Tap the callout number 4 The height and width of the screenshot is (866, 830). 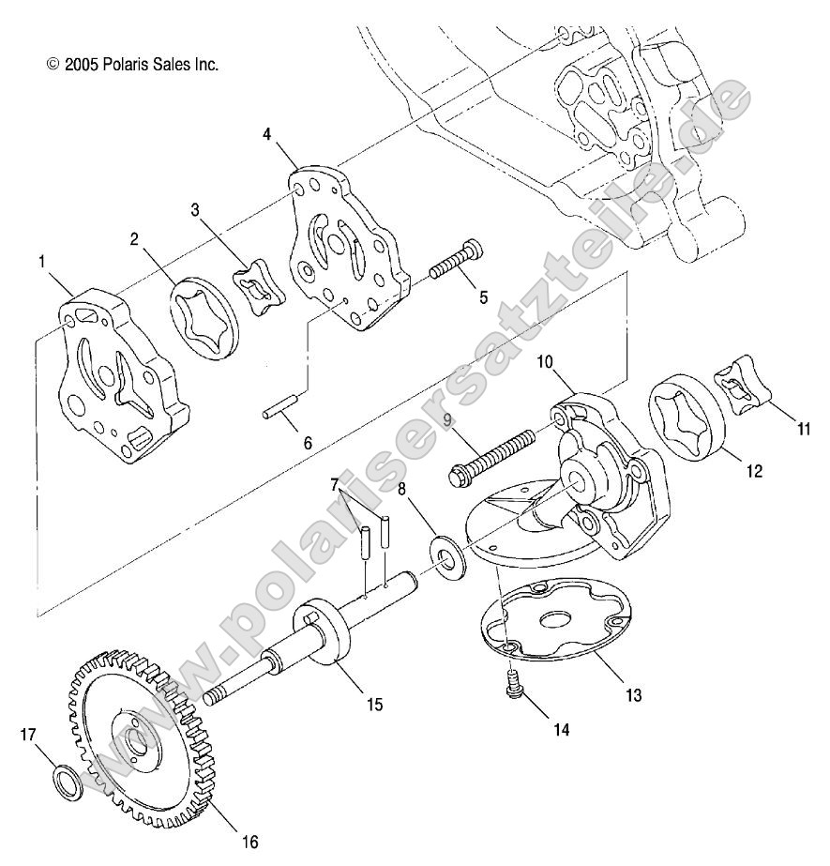point(267,135)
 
